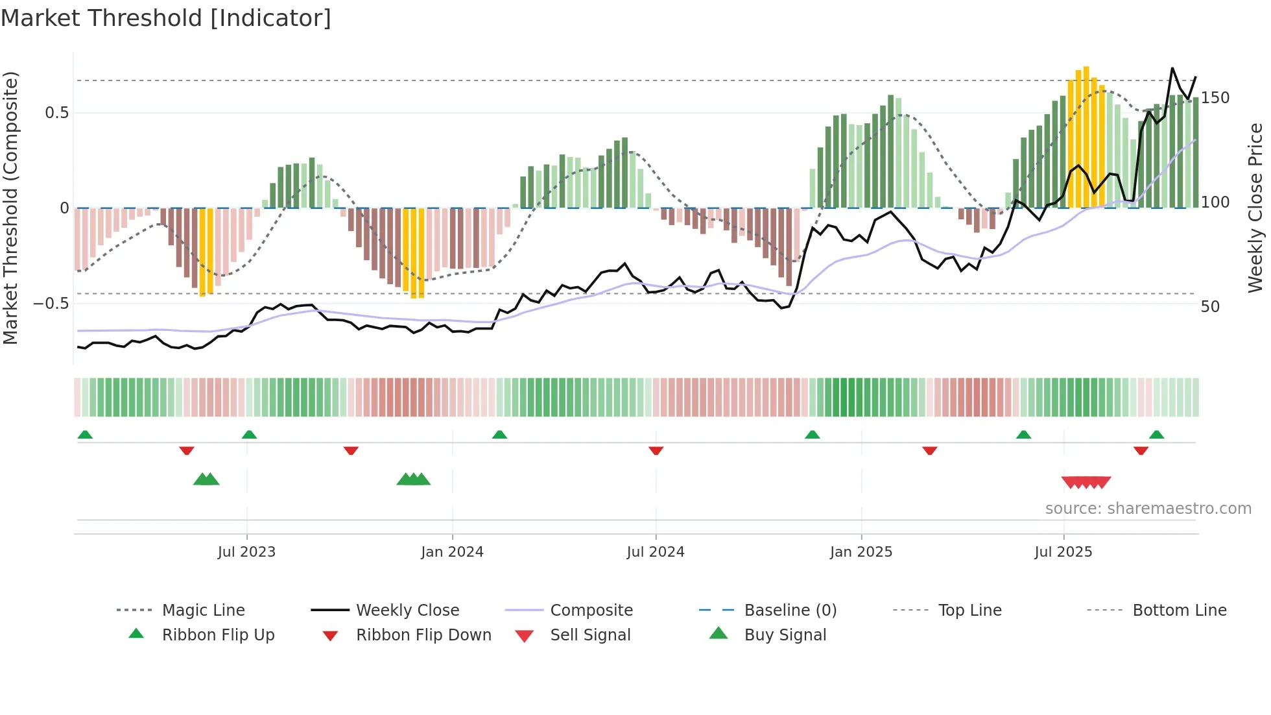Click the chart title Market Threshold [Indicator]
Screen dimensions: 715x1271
pyautogui.click(x=166, y=18)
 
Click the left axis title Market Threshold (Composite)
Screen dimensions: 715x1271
pyautogui.click(x=10, y=208)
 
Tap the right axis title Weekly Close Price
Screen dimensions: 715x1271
pyautogui.click(x=1255, y=208)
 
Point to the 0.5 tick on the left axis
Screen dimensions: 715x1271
pyautogui.click(x=57, y=113)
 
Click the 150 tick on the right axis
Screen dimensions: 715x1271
pyautogui.click(x=1215, y=98)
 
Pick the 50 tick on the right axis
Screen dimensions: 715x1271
pyautogui.click(x=1210, y=307)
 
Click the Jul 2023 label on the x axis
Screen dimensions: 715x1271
pyautogui.click(x=246, y=552)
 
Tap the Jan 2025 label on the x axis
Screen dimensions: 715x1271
pyautogui.click(x=861, y=552)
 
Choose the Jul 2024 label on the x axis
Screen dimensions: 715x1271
pyautogui.click(x=655, y=552)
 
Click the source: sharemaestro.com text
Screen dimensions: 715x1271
pyautogui.click(x=1148, y=509)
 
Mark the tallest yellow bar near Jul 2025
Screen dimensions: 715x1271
pyautogui.click(x=1086, y=136)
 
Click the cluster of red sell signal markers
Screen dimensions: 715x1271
pyautogui.click(x=1086, y=483)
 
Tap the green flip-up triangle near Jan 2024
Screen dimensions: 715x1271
pyautogui.click(x=499, y=435)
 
